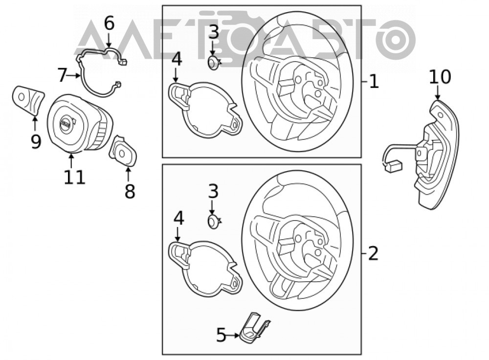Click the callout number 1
point(374,82)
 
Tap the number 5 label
point(221,336)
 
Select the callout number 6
point(109,23)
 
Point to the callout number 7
point(63,75)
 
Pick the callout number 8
point(130,191)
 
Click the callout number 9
point(36,142)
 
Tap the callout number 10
point(440,77)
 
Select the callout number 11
point(74,177)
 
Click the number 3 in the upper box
point(214,32)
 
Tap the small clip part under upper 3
point(214,63)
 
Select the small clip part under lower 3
point(214,222)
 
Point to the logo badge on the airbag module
point(66,124)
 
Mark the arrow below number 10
point(438,93)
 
